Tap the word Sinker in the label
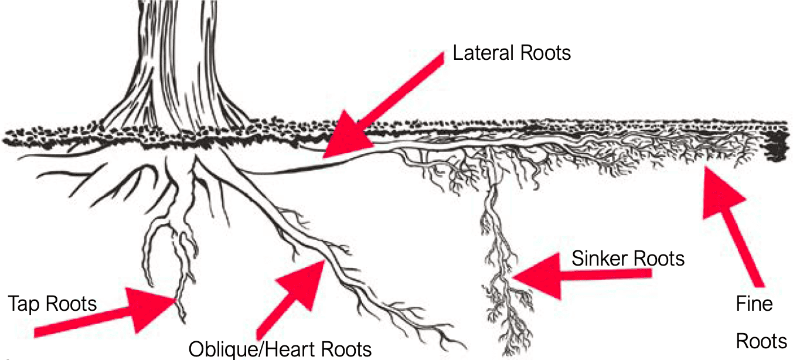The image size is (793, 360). click(597, 258)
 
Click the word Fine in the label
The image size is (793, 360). click(754, 304)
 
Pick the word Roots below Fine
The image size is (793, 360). click(761, 341)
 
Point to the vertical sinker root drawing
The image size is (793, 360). click(498, 258)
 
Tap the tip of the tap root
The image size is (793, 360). click(183, 321)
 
